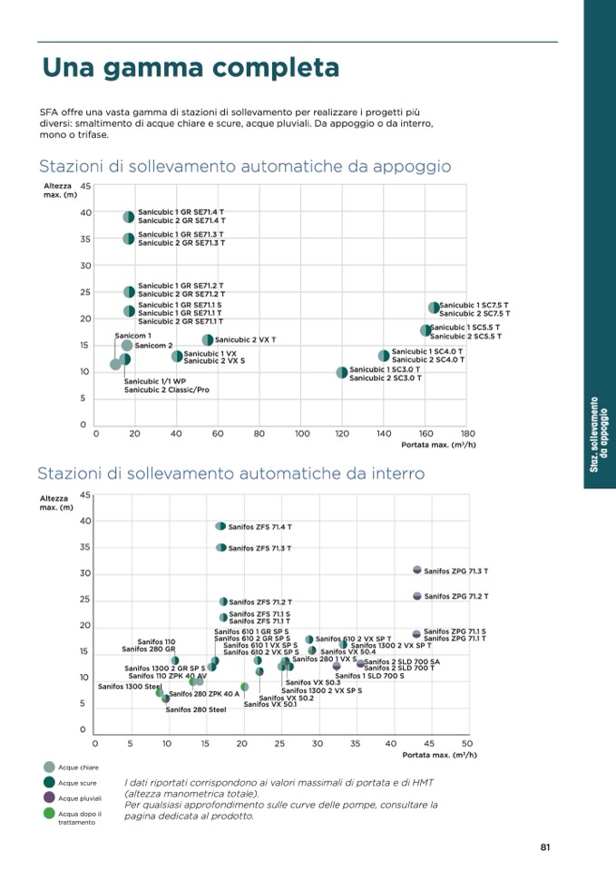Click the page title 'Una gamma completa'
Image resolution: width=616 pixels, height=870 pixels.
[191, 68]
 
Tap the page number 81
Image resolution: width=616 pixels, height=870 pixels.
[545, 847]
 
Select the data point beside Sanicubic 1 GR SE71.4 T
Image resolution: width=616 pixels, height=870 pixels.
[129, 217]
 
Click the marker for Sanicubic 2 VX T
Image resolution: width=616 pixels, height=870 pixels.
[208, 339]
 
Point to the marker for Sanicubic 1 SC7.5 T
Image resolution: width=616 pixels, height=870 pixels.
[434, 308]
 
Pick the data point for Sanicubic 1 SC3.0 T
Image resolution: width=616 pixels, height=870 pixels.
[342, 372]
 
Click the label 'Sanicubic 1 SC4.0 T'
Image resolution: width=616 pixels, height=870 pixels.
[426, 351]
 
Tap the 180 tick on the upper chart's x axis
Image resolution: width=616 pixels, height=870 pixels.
[468, 434]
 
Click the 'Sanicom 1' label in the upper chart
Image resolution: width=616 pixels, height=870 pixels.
[133, 336]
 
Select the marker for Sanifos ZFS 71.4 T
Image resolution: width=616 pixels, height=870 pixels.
[220, 526]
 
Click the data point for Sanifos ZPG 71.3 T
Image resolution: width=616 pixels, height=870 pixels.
[417, 570]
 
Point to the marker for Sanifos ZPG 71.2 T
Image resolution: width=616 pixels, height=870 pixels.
[417, 596]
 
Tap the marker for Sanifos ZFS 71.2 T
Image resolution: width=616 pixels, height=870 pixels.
[223, 601]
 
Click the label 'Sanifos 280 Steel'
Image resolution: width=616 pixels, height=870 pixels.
[196, 709]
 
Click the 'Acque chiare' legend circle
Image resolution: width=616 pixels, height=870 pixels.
[49, 767]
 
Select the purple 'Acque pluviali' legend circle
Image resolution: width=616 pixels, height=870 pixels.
[49, 797]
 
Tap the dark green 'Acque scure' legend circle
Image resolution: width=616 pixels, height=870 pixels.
[49, 782]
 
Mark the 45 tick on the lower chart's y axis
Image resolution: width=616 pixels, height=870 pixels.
[85, 494]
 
